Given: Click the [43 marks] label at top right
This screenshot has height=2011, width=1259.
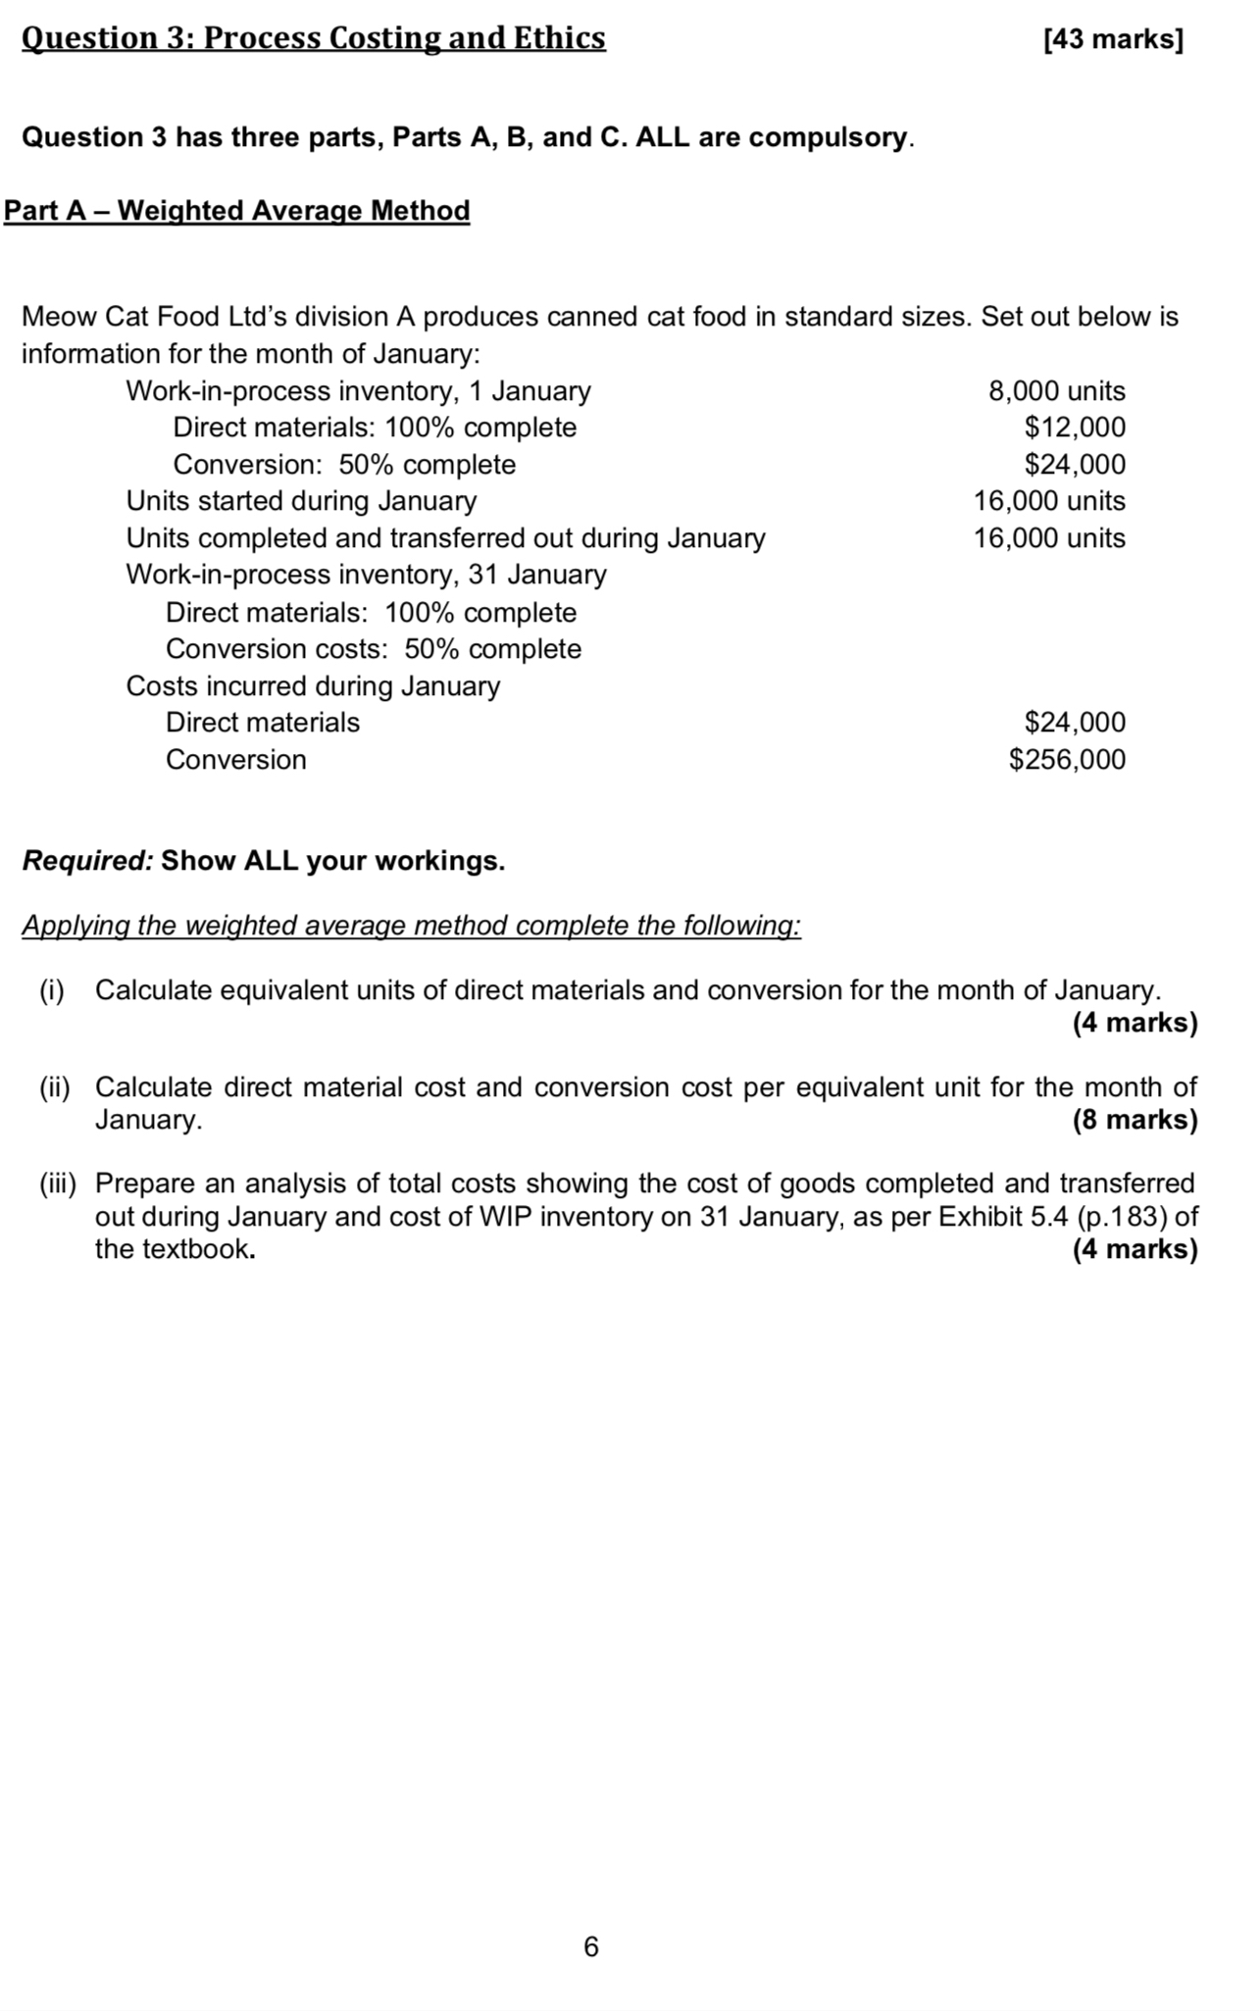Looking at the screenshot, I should tap(1114, 40).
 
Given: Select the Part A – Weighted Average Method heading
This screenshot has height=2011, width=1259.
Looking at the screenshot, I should tap(237, 211).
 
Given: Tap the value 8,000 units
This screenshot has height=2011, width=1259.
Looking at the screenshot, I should tap(1056, 391).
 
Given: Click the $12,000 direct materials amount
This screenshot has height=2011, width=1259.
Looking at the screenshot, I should tap(1075, 427).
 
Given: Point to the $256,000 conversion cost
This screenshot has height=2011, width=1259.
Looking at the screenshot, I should tap(1067, 760).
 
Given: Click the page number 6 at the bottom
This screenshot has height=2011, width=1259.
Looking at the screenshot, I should tap(590, 1946).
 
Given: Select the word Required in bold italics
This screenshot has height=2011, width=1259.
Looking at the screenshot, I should tap(86, 861).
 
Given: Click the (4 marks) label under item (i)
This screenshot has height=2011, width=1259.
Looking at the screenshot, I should tap(1134, 1023).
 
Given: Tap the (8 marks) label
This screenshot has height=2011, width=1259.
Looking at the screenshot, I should tap(1134, 1120).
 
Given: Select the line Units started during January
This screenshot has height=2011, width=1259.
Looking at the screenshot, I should tap(301, 501).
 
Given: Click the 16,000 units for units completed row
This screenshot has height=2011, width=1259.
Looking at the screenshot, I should tap(1049, 538).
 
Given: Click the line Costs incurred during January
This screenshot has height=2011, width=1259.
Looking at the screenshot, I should tap(313, 686).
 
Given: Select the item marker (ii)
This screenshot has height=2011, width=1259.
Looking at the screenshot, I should tap(55, 1087).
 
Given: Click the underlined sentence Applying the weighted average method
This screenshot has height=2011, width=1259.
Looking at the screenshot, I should tap(411, 926).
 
